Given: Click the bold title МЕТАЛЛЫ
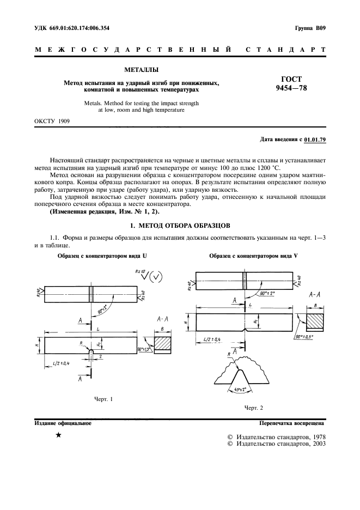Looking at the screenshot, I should click(142, 70).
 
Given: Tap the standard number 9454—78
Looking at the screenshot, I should click(292, 88).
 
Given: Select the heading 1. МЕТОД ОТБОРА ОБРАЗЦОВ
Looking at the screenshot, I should click(180, 225).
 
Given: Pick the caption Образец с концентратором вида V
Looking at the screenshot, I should click(253, 256).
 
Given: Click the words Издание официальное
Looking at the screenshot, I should click(63, 422).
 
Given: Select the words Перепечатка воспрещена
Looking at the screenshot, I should click(292, 422).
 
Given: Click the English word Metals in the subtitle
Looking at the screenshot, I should click(94, 102).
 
